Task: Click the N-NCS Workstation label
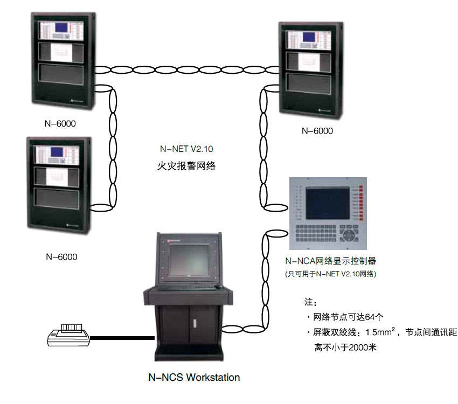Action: [194, 377]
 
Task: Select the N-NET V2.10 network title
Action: [183, 149]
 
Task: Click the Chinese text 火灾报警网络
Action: [183, 166]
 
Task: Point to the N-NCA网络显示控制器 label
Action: [330, 261]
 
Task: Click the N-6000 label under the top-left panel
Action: [60, 124]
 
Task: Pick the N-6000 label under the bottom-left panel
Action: [61, 257]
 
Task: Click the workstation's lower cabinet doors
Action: [189, 324]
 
